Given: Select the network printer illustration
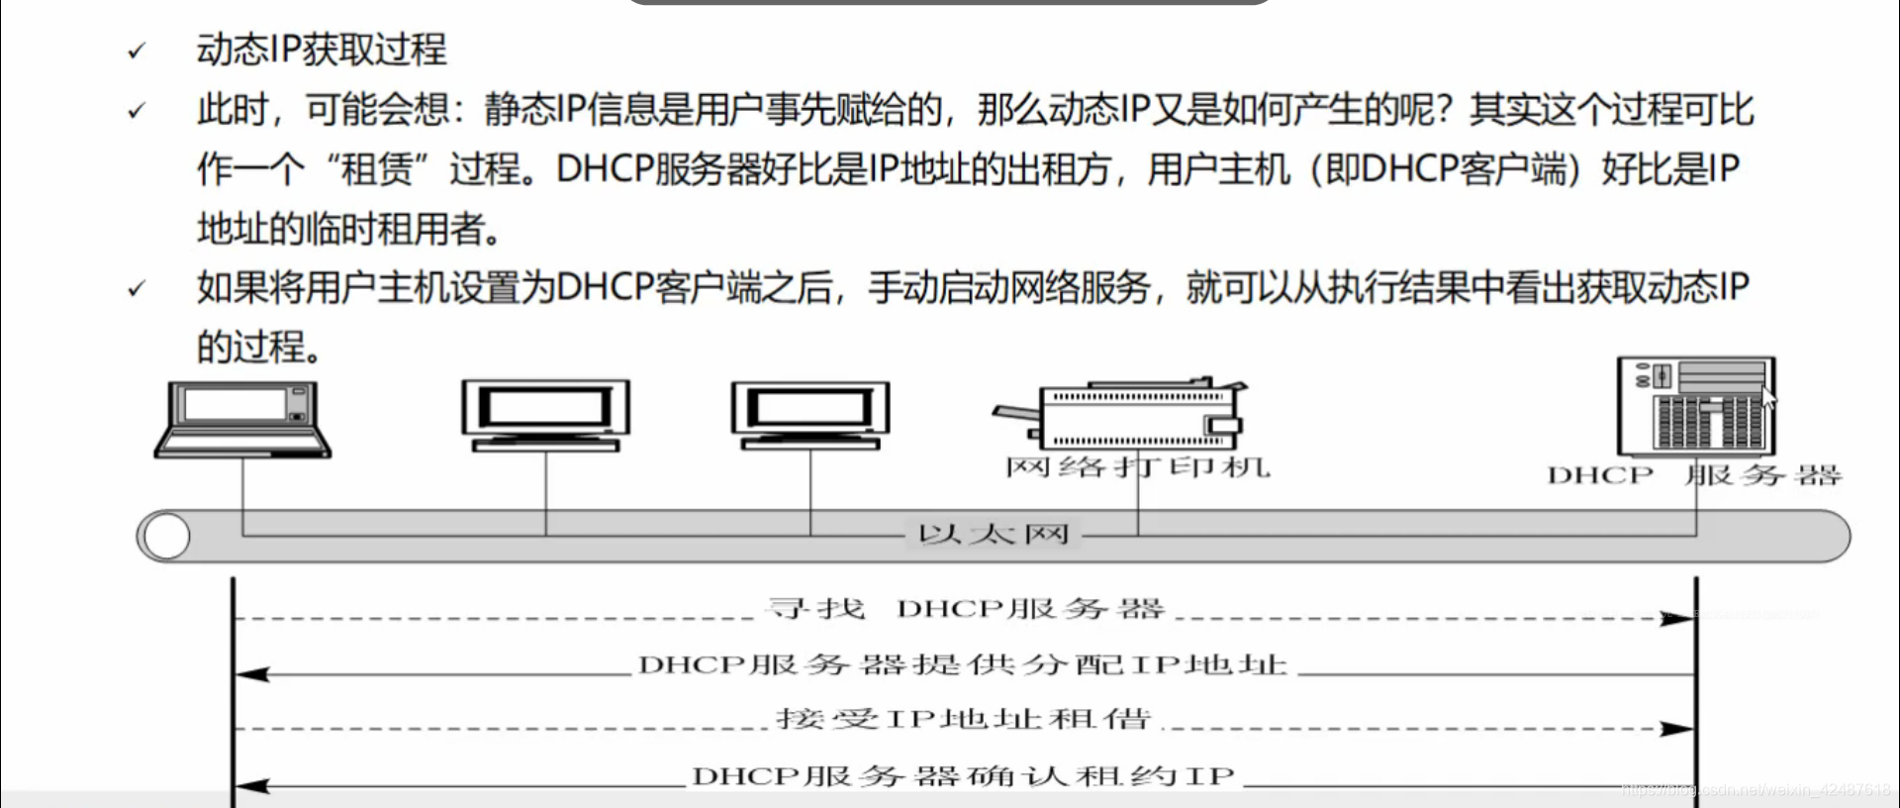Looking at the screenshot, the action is pyautogui.click(x=1128, y=416).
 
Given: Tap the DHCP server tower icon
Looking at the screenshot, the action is pyautogui.click(x=1696, y=406).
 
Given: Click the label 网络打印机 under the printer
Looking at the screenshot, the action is pyautogui.click(x=1138, y=467).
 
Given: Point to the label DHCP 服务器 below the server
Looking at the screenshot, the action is pyautogui.click(x=1694, y=476).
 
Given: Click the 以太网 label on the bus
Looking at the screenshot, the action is pyautogui.click(x=994, y=536).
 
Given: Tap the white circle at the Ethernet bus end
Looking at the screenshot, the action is pyautogui.click(x=166, y=537).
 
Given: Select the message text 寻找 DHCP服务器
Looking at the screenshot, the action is pyautogui.click(x=966, y=609).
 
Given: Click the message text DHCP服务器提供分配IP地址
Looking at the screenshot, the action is pyautogui.click(x=963, y=664).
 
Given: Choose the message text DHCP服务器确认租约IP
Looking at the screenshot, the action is pyautogui.click(x=963, y=776).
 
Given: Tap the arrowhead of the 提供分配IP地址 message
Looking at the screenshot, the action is pyautogui.click(x=251, y=675).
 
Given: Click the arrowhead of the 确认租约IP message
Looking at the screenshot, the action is pyautogui.click(x=251, y=787).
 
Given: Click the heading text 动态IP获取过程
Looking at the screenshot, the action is pyautogui.click(x=322, y=50).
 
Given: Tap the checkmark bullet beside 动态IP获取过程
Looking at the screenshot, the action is pyautogui.click(x=137, y=51).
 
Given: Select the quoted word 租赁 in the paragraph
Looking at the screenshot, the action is pyautogui.click(x=376, y=169).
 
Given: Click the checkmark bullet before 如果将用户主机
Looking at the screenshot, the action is pyautogui.click(x=137, y=289).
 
